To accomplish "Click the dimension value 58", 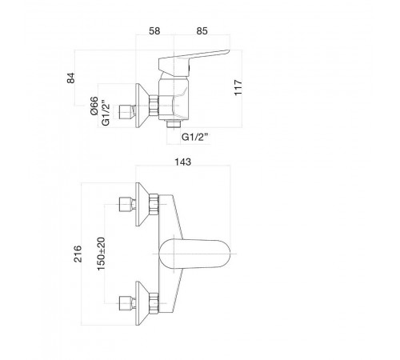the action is pos(154,31).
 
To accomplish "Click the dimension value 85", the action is pos(202,31).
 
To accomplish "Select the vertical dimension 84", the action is pos(71,78).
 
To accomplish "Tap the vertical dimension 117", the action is pos(238,87).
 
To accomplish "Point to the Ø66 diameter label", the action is pos(94,106).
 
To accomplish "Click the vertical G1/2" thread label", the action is pos(106,113).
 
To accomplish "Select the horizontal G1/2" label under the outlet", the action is pos(194,137).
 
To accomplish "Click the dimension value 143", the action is pos(183,162).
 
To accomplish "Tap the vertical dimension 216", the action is pos(78,254).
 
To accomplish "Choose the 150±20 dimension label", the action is pos(102,254).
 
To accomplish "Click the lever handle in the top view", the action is pos(194,61).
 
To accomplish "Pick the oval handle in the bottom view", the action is pos(194,254).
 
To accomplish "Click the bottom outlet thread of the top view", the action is pos(174,124).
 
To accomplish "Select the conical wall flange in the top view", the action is pos(142,106).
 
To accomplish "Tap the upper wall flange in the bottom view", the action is pos(142,205).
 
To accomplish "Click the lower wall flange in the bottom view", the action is pos(142,303).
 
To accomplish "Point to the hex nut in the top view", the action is pos(154,106).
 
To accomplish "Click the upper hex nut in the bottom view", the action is pos(154,205).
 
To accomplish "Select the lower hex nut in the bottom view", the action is pos(154,303).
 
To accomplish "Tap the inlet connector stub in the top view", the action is pos(127,112).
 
